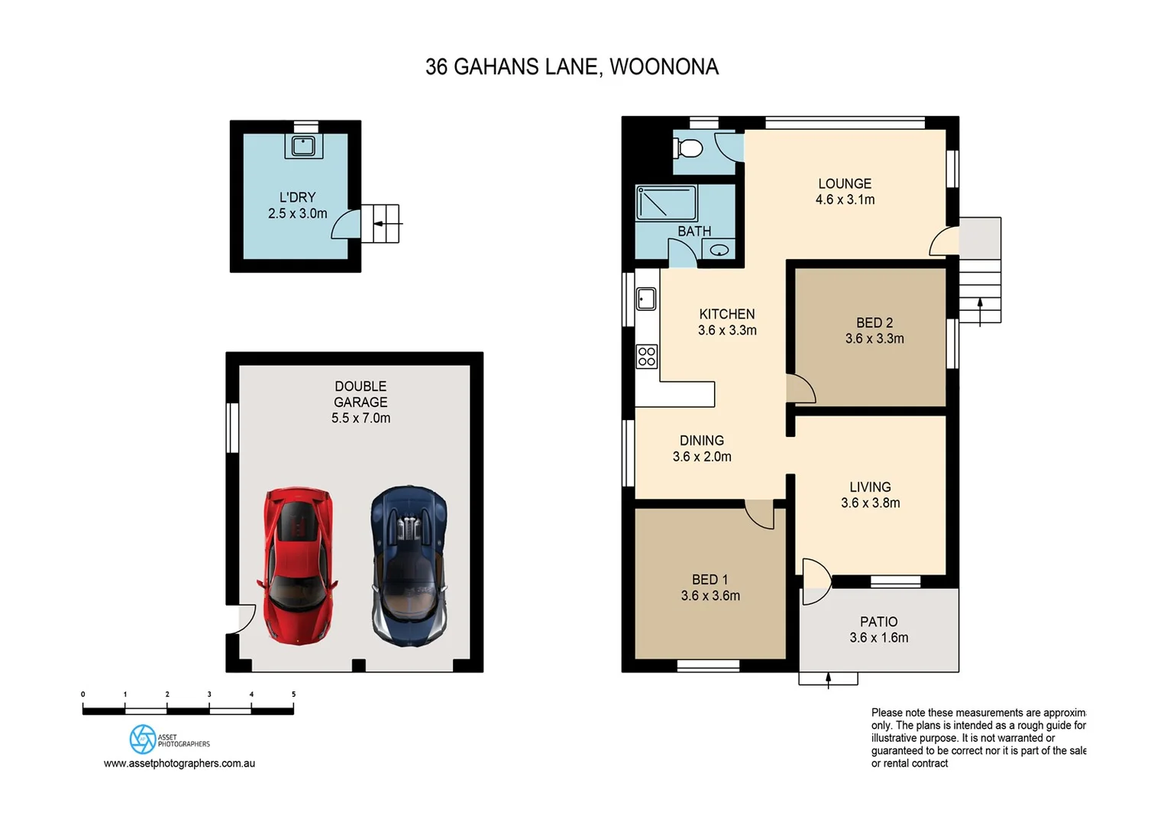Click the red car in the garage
(x=298, y=565)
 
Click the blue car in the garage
(x=409, y=566)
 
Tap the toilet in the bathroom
(x=689, y=147)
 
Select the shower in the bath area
(x=666, y=202)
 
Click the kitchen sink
(x=646, y=299)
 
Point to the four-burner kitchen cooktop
(x=647, y=356)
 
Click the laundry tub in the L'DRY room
(x=303, y=145)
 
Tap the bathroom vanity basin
(x=719, y=250)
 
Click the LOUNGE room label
(x=844, y=184)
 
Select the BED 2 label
(x=874, y=323)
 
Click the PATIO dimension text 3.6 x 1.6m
(x=878, y=638)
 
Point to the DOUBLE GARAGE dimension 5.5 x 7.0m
(x=360, y=418)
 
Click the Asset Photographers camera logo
(x=143, y=739)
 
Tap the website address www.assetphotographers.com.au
(x=179, y=763)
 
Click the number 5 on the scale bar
(x=293, y=694)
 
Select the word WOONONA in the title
(x=664, y=67)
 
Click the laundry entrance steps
(x=380, y=224)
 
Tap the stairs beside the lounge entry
(x=980, y=291)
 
